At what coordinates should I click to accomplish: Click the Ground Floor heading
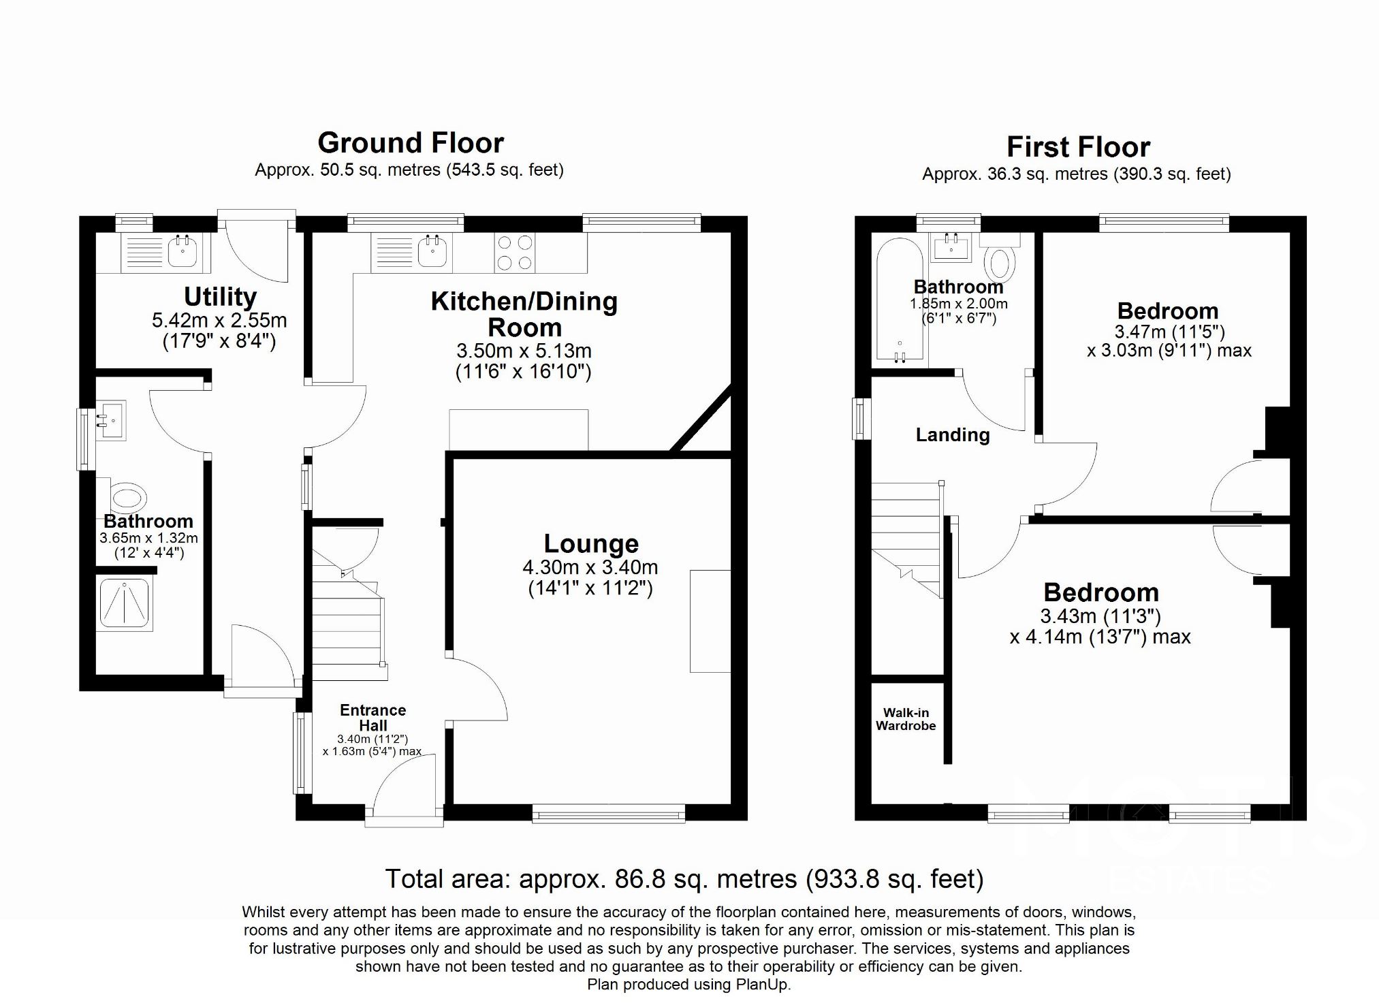411,144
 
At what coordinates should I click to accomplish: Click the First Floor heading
1078,148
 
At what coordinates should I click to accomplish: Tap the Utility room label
220,298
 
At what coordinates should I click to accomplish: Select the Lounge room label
591,544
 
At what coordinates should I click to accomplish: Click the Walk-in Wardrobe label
906,719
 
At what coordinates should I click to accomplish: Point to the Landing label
952,435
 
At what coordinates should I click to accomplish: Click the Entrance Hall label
373,718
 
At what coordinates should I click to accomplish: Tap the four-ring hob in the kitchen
515,253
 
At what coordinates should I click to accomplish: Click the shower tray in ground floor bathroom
125,603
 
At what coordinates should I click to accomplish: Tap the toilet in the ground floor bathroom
127,498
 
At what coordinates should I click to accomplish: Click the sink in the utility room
182,252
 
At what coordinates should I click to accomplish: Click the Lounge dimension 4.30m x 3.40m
590,567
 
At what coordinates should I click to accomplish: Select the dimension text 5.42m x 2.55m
219,321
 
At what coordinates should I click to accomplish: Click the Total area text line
684,879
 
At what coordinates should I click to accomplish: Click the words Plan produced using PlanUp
688,985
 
